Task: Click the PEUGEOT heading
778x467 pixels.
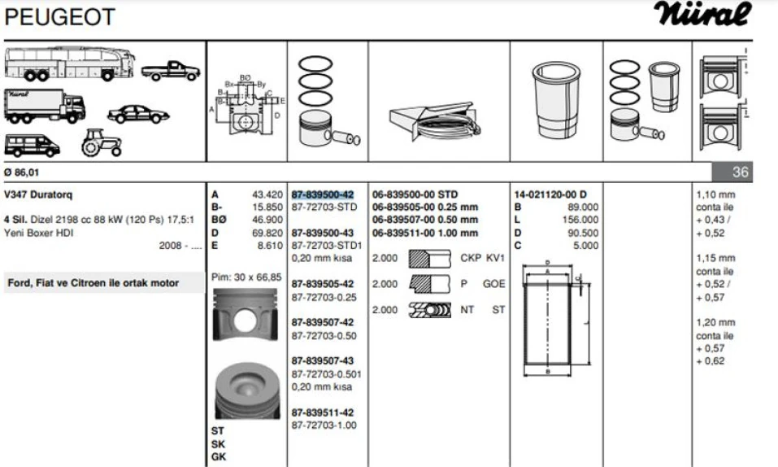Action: click(60, 16)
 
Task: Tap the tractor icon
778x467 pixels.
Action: click(101, 142)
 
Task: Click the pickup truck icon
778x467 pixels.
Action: click(172, 71)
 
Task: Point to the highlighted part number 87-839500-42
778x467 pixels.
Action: click(323, 194)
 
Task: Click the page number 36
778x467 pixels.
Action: click(740, 172)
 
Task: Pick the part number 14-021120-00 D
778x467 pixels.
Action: click(550, 194)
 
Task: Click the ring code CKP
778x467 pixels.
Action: click(472, 258)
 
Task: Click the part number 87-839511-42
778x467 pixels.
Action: click(323, 412)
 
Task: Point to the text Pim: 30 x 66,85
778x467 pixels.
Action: click(246, 277)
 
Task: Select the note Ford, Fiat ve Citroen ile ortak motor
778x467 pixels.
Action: click(93, 283)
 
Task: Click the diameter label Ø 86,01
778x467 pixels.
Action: click(22, 172)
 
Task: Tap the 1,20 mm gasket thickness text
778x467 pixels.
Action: click(715, 323)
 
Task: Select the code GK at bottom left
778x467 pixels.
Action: click(218, 457)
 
